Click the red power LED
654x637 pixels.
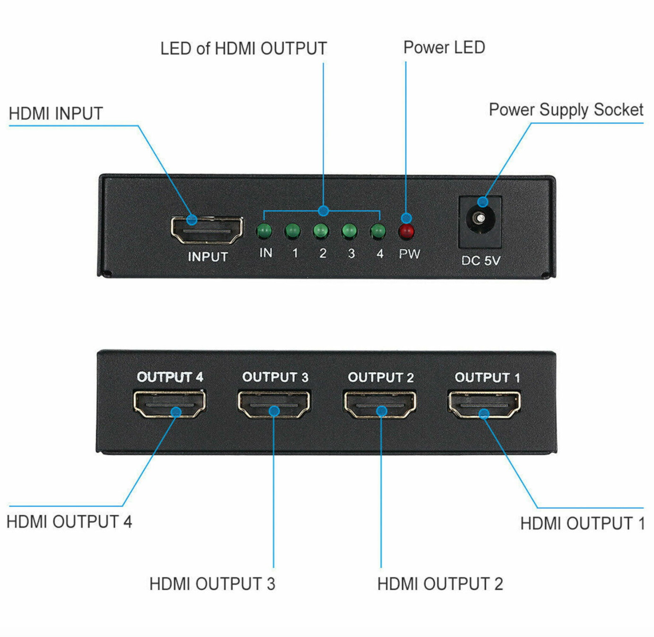[406, 232]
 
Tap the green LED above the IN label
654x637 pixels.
[264, 232]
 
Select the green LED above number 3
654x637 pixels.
[349, 232]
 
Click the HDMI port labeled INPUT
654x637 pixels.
[207, 230]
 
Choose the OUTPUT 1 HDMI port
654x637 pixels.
[484, 405]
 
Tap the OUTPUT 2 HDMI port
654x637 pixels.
[380, 404]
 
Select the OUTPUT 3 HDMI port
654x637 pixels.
[274, 404]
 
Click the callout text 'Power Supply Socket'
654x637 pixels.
[566, 110]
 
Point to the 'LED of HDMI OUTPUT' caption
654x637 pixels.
[243, 48]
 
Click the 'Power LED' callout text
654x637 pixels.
[444, 47]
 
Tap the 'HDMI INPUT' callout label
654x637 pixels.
[56, 113]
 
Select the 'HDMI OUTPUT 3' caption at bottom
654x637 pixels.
[212, 584]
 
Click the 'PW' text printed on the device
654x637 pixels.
[409, 254]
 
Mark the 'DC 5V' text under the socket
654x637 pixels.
[481, 260]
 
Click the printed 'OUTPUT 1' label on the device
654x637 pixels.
[487, 377]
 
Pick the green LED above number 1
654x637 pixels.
[293, 232]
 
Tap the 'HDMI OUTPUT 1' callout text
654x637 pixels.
[582, 523]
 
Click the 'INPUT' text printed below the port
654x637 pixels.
[208, 257]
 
